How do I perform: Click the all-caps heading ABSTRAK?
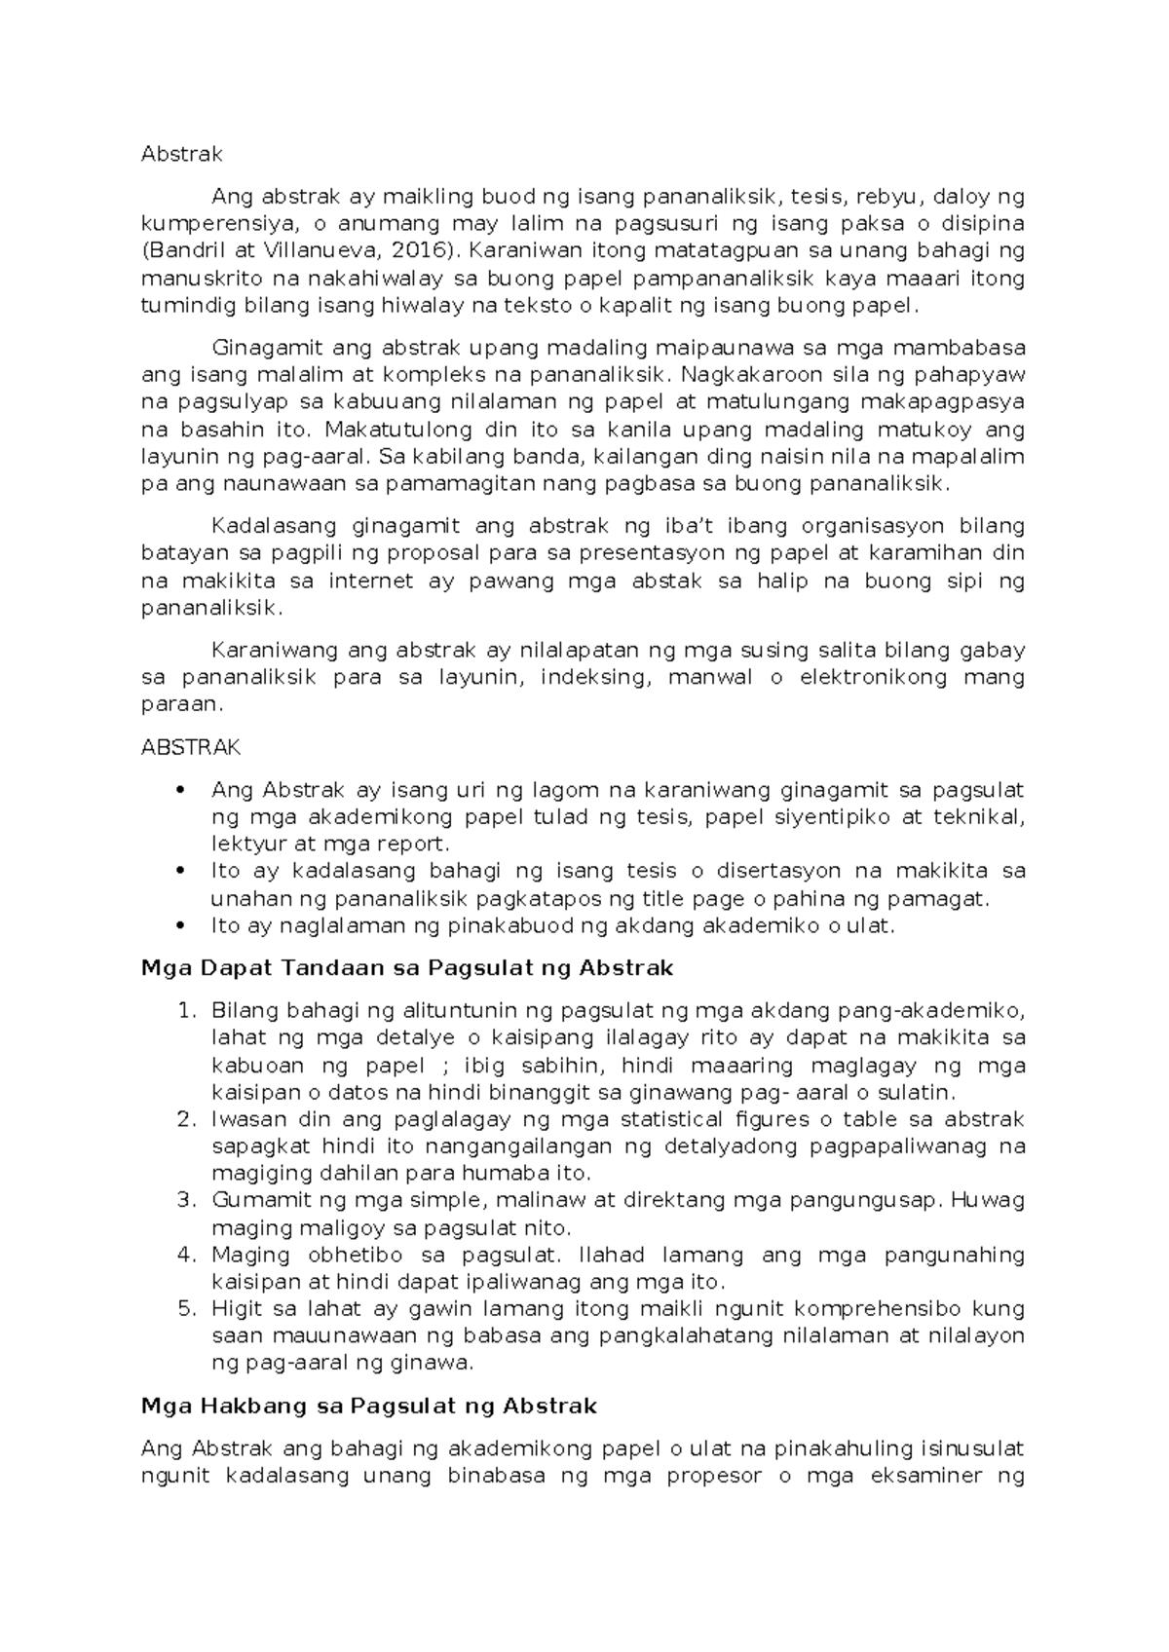[191, 747]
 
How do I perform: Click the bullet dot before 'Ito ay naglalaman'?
[177, 925]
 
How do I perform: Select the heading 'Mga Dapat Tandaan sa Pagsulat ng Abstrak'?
[407, 968]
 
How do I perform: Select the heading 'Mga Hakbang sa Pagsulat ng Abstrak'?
[368, 1407]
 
